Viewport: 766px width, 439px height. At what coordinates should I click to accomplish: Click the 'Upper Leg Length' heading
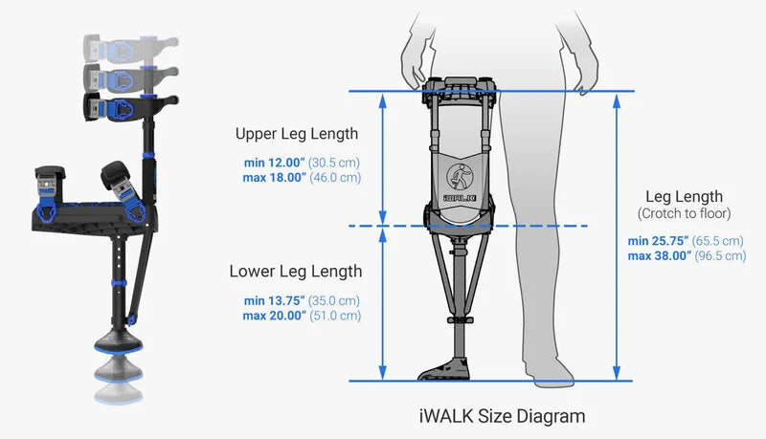pos(297,134)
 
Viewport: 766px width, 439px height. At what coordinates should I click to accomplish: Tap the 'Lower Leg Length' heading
pos(296,272)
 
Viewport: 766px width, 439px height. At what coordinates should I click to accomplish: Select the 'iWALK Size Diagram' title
pos(502,416)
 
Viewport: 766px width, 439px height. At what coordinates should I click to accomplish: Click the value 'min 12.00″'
pos(274,163)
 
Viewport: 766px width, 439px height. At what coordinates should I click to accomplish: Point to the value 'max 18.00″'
pos(274,178)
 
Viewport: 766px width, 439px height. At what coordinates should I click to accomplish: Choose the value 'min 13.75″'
pos(274,300)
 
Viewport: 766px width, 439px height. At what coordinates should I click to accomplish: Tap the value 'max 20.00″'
pos(274,316)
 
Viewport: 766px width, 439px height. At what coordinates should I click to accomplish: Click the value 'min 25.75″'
pos(658,240)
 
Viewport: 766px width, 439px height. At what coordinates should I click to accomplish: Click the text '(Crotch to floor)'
pos(684,213)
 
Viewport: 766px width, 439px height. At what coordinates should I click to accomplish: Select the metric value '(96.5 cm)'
pos(720,255)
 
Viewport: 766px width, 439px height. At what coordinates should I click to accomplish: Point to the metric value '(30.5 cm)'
pos(333,163)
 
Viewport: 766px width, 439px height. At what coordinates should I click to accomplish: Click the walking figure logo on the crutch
pos(460,177)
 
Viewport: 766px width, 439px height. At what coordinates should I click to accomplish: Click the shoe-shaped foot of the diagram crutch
pos(444,369)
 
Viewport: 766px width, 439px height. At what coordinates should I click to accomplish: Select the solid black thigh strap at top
pos(131,107)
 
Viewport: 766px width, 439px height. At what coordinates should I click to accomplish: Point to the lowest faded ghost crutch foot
pos(118,393)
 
